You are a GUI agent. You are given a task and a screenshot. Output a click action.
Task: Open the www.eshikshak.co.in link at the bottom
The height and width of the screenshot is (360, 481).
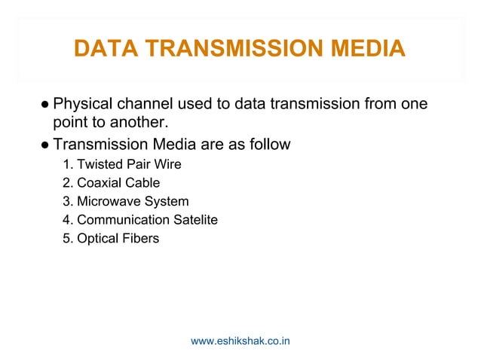pyautogui.click(x=240, y=341)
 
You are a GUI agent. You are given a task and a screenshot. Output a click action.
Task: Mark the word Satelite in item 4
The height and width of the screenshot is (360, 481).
pyautogui.click(x=195, y=220)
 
